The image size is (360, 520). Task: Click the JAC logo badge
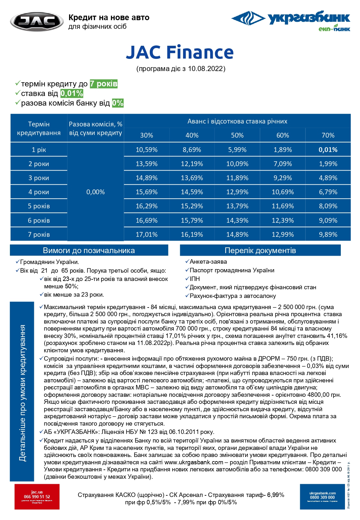(x=37, y=22)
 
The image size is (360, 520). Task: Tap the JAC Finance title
(x=180, y=52)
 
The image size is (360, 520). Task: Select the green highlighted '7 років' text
(x=104, y=84)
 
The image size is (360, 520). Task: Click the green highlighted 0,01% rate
(x=72, y=93)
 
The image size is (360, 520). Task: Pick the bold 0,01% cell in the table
(x=328, y=149)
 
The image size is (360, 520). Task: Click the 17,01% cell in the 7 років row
(x=147, y=234)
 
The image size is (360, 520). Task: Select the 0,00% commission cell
(x=95, y=192)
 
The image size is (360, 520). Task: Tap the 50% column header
(x=237, y=135)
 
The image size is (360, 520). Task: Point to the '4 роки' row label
(x=39, y=192)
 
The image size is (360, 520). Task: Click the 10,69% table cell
(x=283, y=192)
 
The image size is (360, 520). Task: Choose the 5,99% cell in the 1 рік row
(x=237, y=149)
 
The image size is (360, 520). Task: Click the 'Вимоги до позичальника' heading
(x=89, y=250)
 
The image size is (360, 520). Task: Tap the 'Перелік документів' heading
(x=260, y=250)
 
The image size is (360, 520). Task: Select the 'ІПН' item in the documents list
(x=195, y=279)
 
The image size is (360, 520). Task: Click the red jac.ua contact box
(x=37, y=496)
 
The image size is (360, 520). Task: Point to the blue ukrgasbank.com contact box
(x=322, y=496)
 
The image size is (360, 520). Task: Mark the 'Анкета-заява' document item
(x=208, y=261)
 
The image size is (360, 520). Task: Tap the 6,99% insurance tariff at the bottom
(x=276, y=495)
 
